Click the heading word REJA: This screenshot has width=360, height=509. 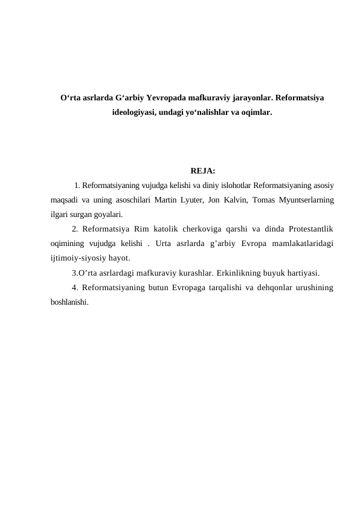click(203, 171)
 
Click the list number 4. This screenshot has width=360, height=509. click(74, 288)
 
